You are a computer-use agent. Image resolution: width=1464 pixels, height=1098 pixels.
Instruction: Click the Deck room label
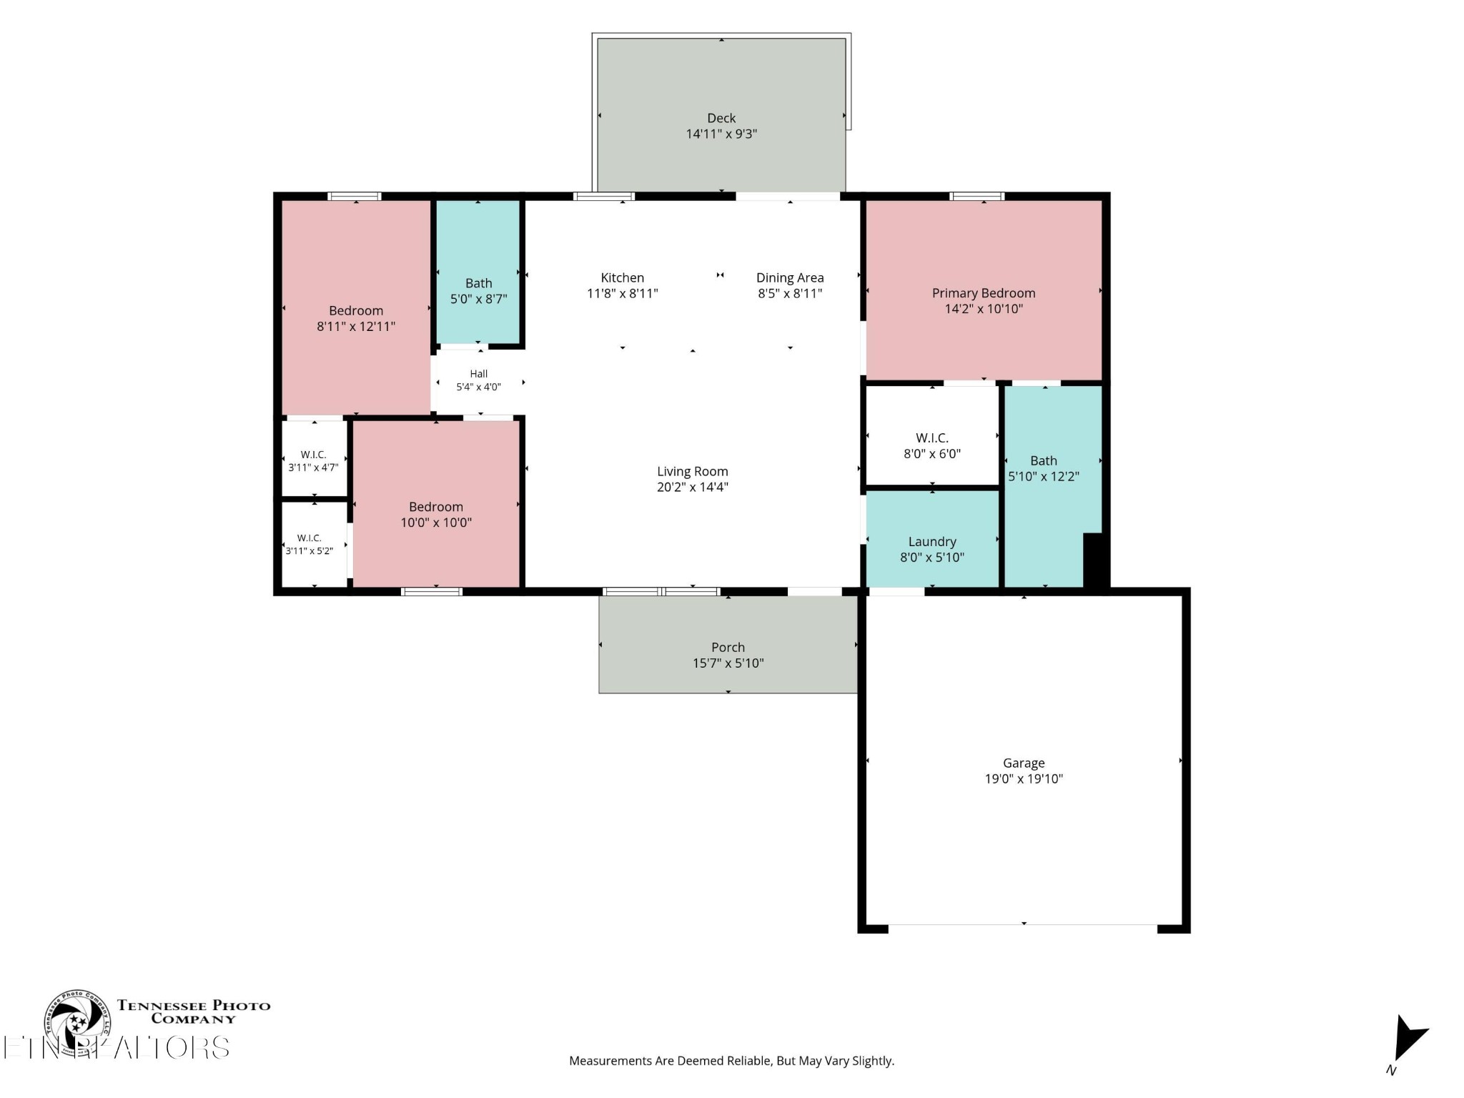click(721, 118)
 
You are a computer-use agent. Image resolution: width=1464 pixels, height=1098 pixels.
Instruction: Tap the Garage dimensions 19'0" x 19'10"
click(1024, 779)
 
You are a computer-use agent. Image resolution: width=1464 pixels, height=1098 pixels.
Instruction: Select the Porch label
click(728, 647)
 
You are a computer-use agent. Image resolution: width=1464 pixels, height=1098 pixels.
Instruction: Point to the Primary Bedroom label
click(984, 293)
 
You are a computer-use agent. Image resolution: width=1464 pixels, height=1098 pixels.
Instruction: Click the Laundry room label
click(932, 542)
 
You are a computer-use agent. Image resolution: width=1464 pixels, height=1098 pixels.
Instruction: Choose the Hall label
click(479, 373)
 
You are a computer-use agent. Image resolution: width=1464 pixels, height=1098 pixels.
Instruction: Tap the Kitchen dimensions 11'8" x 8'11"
click(623, 293)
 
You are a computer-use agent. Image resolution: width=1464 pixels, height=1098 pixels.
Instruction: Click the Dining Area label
click(790, 277)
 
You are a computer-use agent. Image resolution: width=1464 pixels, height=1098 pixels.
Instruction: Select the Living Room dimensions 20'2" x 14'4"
click(693, 488)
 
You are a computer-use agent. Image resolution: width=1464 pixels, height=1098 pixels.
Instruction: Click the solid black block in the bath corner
click(1095, 560)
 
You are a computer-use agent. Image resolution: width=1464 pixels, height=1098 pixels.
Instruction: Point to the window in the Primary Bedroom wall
click(977, 197)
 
